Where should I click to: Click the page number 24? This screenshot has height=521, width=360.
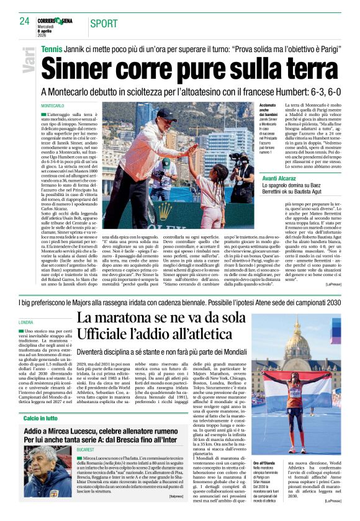click(x=25, y=20)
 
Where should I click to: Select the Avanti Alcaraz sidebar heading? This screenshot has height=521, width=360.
click(x=282, y=177)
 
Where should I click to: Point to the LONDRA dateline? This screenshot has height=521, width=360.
click(x=26, y=323)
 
